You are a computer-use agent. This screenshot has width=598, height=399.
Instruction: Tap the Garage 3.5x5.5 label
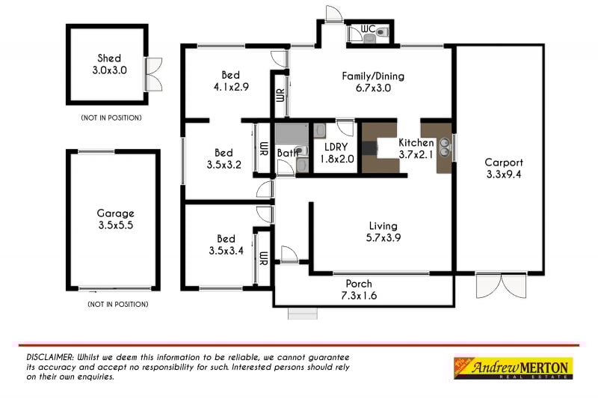coord(115,219)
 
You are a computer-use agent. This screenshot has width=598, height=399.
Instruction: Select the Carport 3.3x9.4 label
coord(503,168)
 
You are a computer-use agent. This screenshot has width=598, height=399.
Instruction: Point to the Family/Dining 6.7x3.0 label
coord(367,82)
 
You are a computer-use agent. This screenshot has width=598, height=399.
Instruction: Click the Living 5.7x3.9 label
coord(383,231)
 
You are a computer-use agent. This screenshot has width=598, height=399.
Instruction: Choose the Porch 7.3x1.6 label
coord(359,289)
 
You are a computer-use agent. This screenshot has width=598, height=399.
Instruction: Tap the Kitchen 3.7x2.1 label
coord(416,148)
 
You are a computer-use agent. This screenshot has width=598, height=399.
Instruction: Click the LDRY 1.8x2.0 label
coord(330,153)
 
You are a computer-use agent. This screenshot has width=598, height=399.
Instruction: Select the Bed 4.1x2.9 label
coord(230,81)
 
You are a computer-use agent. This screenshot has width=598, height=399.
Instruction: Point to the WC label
coord(368,29)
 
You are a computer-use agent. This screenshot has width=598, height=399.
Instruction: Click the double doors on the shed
coord(155,74)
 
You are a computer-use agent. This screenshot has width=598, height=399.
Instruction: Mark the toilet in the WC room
coord(382,31)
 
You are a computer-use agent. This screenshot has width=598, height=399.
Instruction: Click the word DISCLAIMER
coord(49,357)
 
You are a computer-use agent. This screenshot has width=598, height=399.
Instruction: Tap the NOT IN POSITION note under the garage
coord(117,304)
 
